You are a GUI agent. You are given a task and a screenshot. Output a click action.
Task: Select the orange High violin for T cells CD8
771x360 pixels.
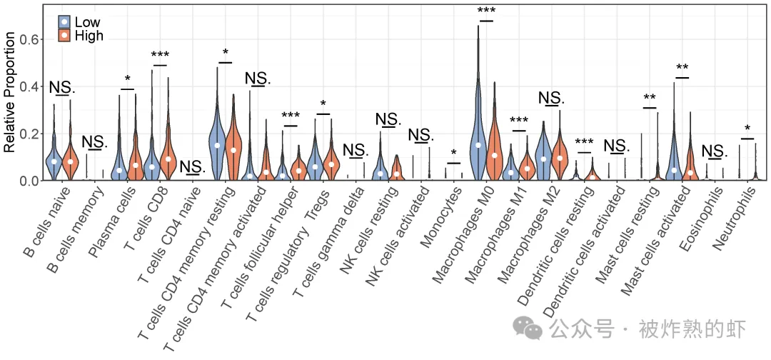pos(168,150)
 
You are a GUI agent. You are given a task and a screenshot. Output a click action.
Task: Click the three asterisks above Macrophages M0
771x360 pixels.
pos(487,11)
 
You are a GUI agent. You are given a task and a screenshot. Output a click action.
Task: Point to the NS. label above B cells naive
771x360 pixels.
pos(62,88)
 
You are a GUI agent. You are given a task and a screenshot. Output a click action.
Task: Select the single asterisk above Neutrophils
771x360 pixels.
pos(747,129)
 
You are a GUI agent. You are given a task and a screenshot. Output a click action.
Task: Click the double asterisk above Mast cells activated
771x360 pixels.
pos(682,69)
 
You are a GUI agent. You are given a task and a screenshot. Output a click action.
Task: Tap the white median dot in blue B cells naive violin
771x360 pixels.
pos(54,161)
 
